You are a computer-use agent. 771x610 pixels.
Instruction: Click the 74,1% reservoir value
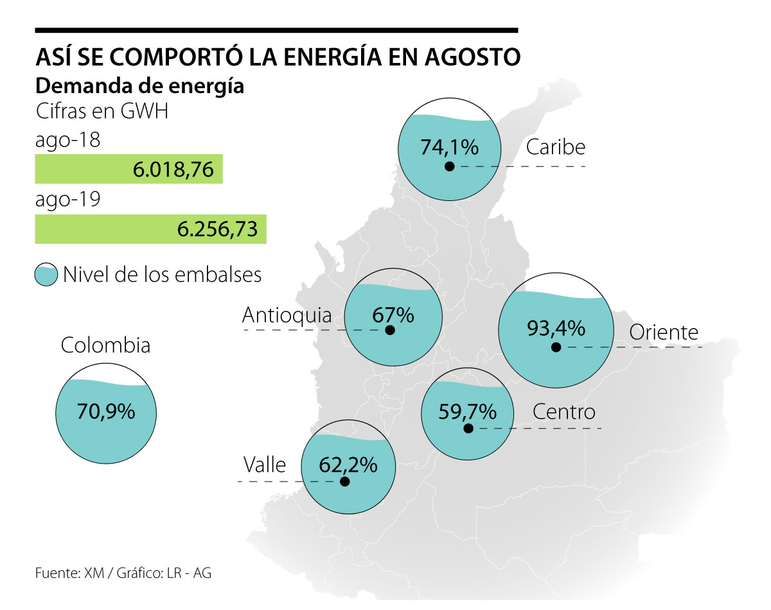pos(450,147)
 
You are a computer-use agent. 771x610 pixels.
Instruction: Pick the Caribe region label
pos(556,147)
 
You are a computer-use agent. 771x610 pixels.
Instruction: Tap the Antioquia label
pos(287,315)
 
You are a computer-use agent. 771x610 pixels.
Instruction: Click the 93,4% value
pos(556,328)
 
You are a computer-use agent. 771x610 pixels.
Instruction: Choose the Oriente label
pos(664,332)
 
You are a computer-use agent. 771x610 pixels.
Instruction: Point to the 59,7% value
pos(468,410)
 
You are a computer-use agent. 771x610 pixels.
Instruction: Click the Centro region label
pos(564,412)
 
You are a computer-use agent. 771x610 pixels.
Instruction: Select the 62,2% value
pos(348,464)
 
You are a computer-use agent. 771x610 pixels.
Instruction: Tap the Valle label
pos(264,464)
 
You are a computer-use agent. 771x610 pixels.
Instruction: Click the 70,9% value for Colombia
pos(107,411)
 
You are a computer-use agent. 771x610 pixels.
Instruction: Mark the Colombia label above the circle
pos(106,345)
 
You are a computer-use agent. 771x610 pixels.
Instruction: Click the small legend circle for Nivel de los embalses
pos(46,275)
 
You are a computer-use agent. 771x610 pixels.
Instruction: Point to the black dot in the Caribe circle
pos(450,166)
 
